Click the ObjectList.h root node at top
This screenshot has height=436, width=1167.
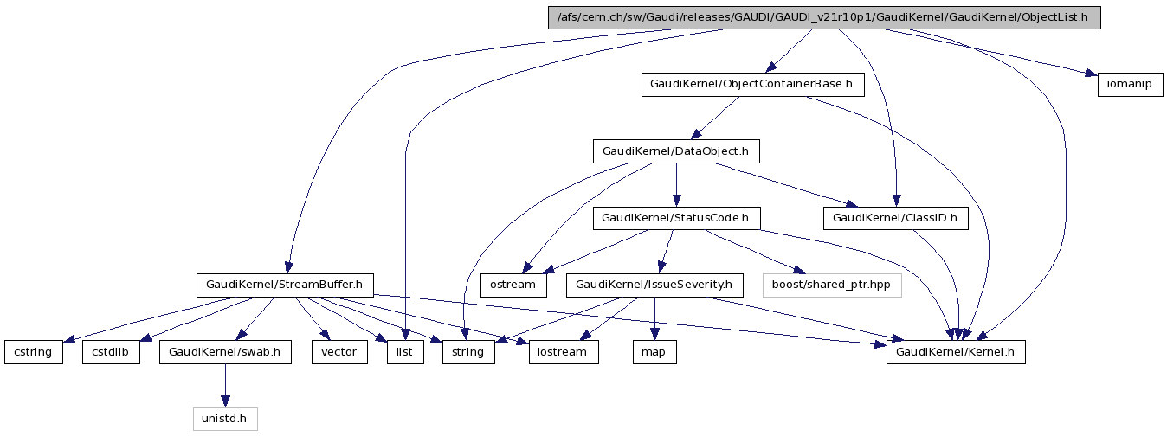[x=823, y=18]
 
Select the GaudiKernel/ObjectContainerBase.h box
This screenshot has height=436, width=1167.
[x=752, y=85]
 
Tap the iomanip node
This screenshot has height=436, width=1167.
[x=1130, y=85]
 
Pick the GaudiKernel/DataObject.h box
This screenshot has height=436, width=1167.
[x=675, y=151]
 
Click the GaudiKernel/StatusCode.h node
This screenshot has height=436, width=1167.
[x=675, y=218]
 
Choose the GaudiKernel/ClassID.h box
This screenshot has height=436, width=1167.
[x=895, y=218]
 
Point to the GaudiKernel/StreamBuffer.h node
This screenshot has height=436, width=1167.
[x=284, y=285]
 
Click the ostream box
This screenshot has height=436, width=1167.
[x=513, y=285]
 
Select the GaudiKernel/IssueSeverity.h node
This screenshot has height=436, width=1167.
[x=654, y=285]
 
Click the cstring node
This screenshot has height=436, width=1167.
[x=34, y=352]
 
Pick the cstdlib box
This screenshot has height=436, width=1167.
[x=111, y=352]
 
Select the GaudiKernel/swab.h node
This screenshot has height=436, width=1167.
[x=225, y=352]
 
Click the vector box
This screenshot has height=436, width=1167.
[x=339, y=352]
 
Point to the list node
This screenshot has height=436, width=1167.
[x=405, y=352]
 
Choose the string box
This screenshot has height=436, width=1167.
[x=468, y=352]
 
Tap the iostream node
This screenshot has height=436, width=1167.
[x=563, y=352]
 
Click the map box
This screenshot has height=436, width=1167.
[x=654, y=352]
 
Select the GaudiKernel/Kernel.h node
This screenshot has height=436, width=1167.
[x=956, y=352]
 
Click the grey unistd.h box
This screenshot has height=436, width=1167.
[x=225, y=420]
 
